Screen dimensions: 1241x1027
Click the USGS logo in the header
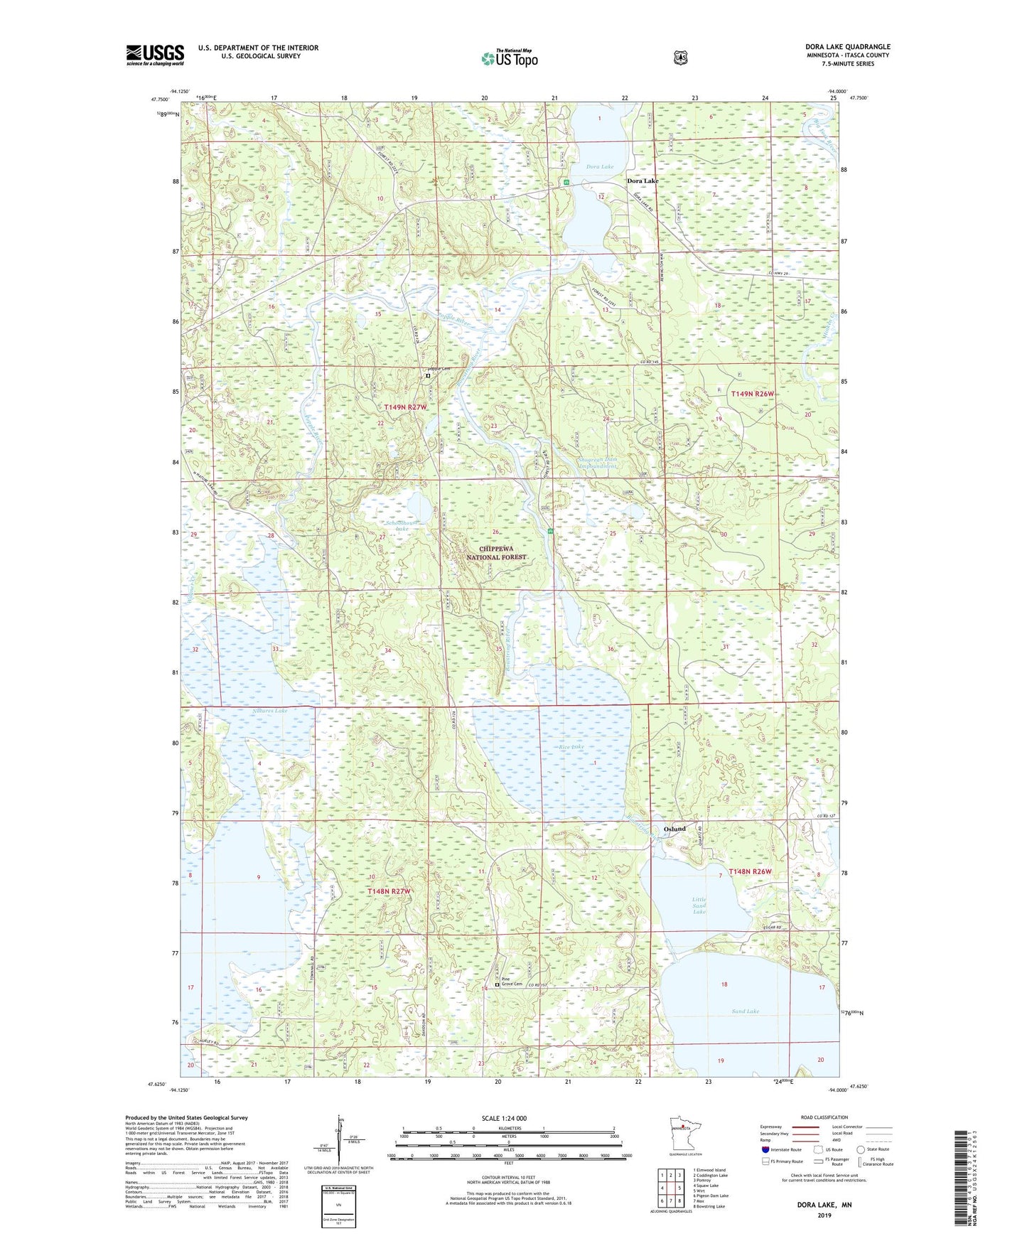(x=155, y=55)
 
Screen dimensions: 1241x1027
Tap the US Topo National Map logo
(x=509, y=58)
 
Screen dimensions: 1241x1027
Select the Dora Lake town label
(x=642, y=181)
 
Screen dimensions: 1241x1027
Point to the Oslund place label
(x=674, y=829)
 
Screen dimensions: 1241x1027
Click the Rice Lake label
(x=571, y=747)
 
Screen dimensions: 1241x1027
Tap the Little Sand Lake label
(x=699, y=905)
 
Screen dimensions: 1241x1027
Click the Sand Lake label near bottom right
(x=745, y=1011)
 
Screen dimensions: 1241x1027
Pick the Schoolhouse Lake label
(x=403, y=526)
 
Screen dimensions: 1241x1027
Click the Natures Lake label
(x=270, y=711)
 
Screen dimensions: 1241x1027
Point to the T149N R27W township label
(x=405, y=407)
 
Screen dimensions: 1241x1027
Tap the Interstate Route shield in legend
(x=765, y=1149)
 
